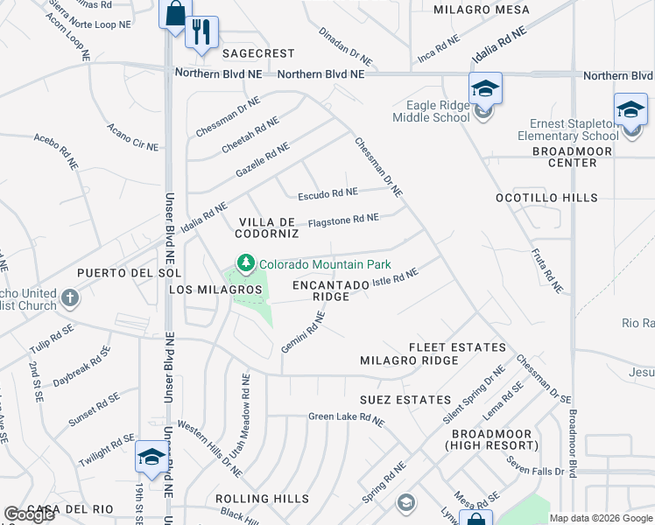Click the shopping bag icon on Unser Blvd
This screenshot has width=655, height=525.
coord(175,14)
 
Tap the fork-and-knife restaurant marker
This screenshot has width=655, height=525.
coord(202,32)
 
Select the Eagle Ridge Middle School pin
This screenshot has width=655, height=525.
coord(484,88)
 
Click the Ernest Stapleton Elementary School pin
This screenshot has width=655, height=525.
coord(630,109)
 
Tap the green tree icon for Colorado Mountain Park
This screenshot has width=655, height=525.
coord(246,263)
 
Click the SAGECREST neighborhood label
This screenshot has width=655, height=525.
coord(258,53)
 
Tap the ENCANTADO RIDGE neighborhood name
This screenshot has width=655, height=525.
coord(332,290)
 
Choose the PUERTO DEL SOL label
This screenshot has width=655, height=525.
coord(129,273)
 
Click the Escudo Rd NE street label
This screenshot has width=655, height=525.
coord(327,192)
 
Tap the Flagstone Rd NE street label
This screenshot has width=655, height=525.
coord(343,219)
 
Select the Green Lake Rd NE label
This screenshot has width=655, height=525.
coord(346,419)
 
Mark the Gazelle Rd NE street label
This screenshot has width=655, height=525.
coord(263,162)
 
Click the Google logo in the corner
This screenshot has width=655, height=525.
coord(30,514)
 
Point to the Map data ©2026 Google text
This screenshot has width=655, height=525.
coord(600,518)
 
